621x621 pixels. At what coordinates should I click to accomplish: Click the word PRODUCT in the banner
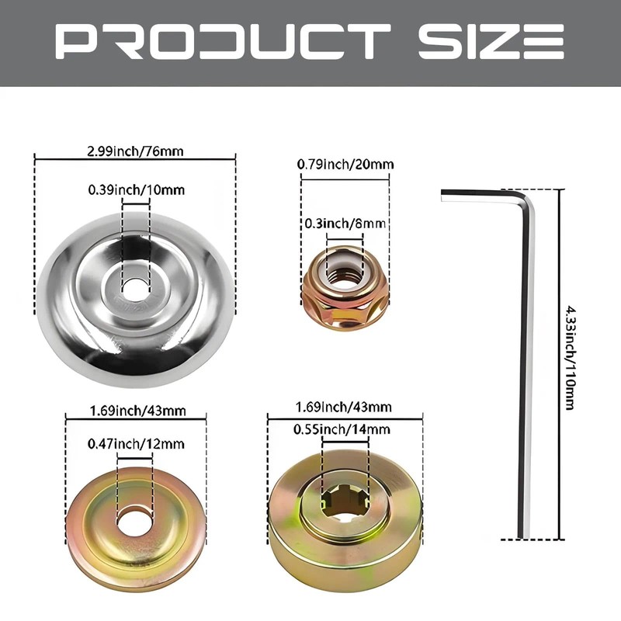pyautogui.click(x=223, y=42)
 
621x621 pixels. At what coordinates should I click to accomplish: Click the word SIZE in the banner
pyautogui.click(x=491, y=42)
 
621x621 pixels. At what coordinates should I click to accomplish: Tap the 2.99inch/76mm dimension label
pyautogui.click(x=135, y=151)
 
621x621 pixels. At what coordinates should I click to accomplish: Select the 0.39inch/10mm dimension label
pyautogui.click(x=137, y=189)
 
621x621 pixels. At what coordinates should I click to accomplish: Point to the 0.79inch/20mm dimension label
pyautogui.click(x=345, y=164)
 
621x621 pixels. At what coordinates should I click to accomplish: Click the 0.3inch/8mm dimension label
pyautogui.click(x=345, y=224)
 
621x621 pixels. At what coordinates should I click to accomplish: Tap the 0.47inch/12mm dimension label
pyautogui.click(x=136, y=443)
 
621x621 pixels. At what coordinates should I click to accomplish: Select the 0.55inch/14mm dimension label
pyautogui.click(x=342, y=429)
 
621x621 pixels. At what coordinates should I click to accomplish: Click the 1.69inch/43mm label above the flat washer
pyautogui.click(x=138, y=411)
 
